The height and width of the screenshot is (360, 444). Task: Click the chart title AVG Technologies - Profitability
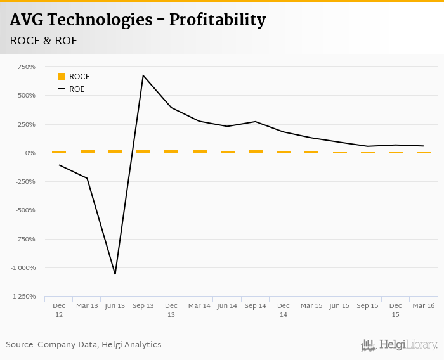(138, 20)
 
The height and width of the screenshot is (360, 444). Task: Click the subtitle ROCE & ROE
(44, 41)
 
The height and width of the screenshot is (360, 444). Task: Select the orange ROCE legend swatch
(62, 77)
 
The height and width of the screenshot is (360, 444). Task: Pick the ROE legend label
(77, 89)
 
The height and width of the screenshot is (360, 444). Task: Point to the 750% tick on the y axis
(27, 67)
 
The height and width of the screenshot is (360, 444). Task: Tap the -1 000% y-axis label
(23, 267)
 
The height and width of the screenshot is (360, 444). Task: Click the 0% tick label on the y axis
(30, 153)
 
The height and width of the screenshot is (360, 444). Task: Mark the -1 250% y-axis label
(23, 296)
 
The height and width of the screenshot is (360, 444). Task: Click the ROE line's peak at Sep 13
(143, 75)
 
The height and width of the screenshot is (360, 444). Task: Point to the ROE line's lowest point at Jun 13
(115, 274)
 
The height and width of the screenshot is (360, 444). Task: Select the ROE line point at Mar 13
(87, 178)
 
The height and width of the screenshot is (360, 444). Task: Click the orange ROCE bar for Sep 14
(255, 151)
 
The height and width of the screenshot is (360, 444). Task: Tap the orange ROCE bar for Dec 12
(59, 152)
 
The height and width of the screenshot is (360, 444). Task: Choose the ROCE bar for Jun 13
(115, 151)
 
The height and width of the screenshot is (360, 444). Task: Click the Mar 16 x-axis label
(423, 305)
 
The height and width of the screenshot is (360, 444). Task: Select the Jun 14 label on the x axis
(227, 305)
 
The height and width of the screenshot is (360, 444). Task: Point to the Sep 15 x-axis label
(367, 305)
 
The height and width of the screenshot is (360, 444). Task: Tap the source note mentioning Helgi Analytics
(84, 345)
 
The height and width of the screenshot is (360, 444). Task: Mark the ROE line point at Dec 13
(171, 108)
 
